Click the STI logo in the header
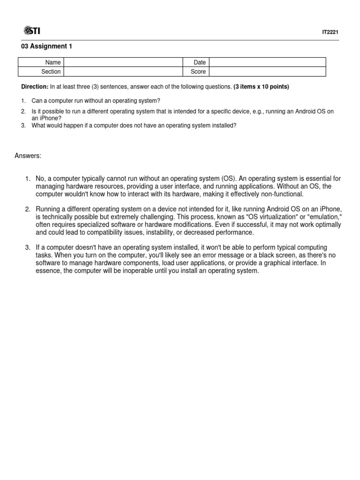(31, 31)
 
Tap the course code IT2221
(330, 32)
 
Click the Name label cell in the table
(53, 62)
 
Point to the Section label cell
(51, 72)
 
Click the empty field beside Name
(123, 62)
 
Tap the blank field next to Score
(267, 72)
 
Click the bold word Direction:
(35, 87)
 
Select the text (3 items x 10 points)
(261, 87)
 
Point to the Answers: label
(29, 156)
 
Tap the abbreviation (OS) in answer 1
(228, 179)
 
